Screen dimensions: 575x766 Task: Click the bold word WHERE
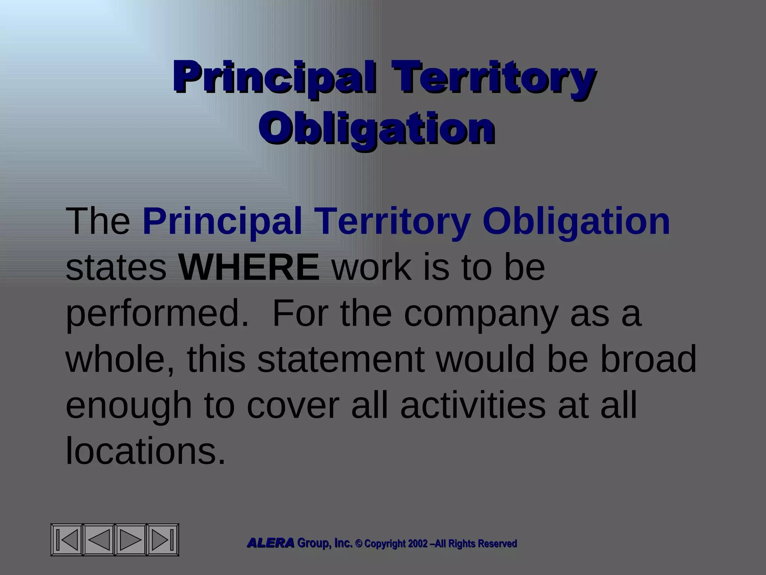[x=249, y=267]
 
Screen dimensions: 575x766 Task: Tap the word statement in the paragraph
[x=341, y=359]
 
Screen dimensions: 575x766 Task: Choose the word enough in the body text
[x=129, y=406]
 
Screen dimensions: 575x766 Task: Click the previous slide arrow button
[x=99, y=539]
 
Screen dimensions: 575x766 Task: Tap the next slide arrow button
[x=131, y=539]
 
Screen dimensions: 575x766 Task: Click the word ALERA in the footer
[x=271, y=543]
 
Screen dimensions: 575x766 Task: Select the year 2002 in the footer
[x=418, y=544]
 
